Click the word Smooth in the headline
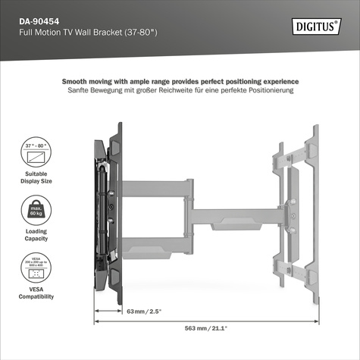pyautogui.click(x=76, y=81)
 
